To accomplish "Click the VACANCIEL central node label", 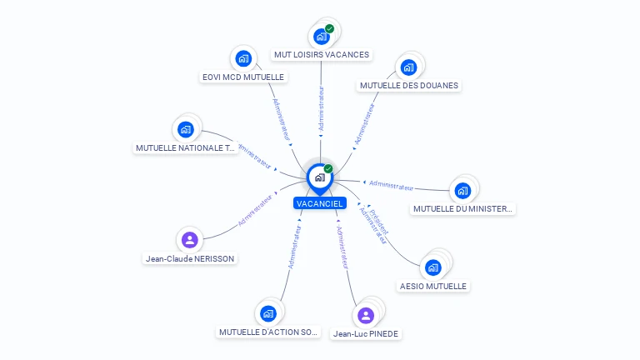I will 320,203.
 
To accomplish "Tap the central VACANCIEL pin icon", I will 320,177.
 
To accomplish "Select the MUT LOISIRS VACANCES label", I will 321,55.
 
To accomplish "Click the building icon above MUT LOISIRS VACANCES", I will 321,37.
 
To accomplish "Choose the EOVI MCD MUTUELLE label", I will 243,77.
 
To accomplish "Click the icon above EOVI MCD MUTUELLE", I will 243,58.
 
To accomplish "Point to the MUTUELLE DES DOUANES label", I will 408,85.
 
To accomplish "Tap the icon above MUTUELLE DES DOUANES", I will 408,67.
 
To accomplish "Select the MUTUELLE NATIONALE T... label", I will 186,147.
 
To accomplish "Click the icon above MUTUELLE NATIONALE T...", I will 186,129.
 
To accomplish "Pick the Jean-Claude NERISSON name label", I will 190,258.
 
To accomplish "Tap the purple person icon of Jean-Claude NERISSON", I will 190,240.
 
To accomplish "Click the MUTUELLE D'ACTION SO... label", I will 268,332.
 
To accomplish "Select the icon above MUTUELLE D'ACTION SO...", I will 268,313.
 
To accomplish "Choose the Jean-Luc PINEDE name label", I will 365,333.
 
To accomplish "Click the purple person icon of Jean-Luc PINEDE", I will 365,315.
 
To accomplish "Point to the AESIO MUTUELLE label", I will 432,286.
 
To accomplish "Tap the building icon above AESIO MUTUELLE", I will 432,267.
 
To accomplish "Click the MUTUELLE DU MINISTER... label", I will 462,208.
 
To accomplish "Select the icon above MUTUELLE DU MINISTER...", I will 462,190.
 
